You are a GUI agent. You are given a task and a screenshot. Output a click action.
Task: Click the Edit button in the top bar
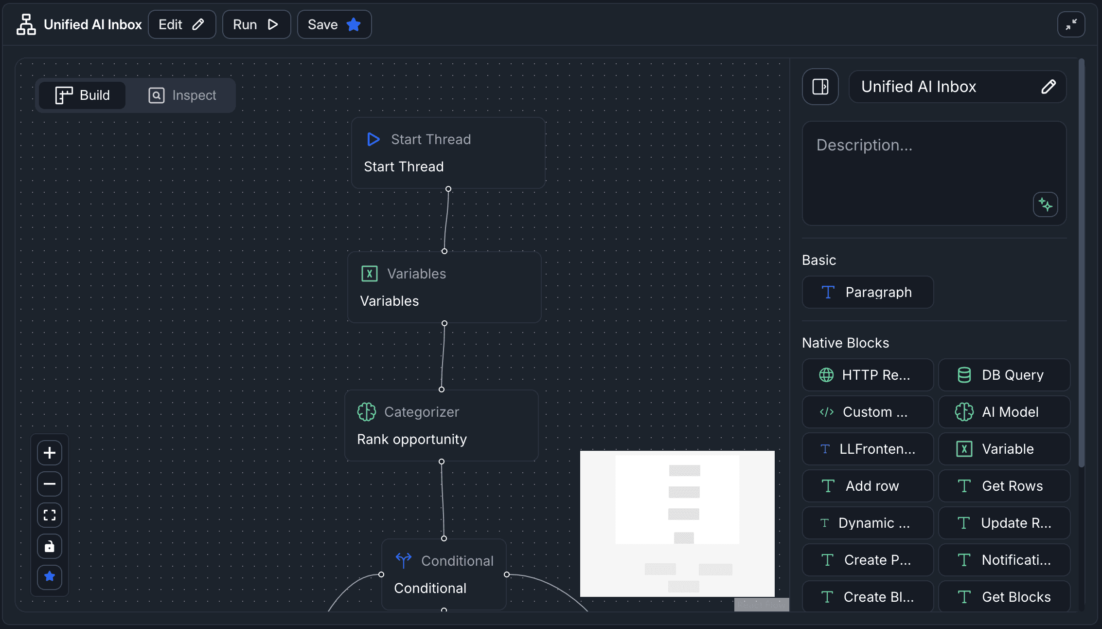(181, 24)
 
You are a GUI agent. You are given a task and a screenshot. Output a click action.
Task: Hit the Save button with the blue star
(334, 24)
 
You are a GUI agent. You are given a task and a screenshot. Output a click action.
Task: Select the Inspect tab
(182, 95)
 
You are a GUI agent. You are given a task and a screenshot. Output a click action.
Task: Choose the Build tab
(83, 95)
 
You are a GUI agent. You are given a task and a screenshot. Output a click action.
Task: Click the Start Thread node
(448, 153)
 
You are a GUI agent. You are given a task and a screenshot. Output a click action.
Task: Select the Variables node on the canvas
(444, 287)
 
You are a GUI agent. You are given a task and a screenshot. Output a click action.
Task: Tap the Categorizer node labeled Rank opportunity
(441, 425)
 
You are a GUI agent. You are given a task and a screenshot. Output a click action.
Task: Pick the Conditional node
(444, 574)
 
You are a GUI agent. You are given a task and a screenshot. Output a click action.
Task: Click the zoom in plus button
(50, 453)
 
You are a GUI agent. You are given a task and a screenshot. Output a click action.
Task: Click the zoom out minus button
(50, 484)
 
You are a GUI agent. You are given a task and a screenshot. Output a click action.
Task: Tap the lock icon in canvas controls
(50, 546)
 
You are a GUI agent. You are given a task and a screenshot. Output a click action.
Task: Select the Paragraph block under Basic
(868, 292)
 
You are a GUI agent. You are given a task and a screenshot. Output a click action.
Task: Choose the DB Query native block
(1004, 375)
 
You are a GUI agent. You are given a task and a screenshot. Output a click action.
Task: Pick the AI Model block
(1004, 412)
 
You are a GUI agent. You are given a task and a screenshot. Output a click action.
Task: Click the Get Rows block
(1004, 486)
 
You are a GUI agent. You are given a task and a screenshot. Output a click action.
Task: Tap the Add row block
(868, 486)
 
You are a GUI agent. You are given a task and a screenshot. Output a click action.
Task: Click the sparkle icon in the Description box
(1045, 204)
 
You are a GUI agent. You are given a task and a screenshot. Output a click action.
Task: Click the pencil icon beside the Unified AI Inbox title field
(1049, 87)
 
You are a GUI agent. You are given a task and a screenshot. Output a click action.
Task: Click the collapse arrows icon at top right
(1071, 24)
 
